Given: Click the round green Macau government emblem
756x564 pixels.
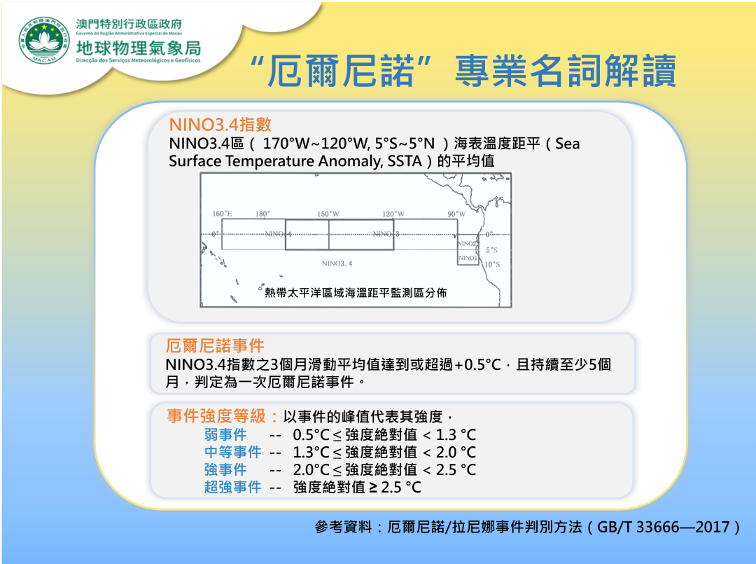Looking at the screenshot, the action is tap(44, 41).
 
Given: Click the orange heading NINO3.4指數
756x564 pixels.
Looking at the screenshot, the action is tap(220, 125).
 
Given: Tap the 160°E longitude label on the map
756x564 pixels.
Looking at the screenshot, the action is tap(223, 213).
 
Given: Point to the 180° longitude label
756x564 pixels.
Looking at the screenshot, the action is tap(262, 213).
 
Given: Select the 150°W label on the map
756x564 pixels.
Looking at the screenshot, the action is tap(328, 213).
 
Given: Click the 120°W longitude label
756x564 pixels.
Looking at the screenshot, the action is tap(393, 213).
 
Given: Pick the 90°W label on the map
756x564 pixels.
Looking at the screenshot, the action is tap(456, 213).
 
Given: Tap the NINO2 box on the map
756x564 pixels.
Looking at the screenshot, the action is tap(468, 243).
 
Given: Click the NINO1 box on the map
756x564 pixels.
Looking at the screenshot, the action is tap(468, 258).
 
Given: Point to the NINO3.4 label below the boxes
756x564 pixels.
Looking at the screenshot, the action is tap(337, 263).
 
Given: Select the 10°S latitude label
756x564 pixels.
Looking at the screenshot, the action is tap(492, 264).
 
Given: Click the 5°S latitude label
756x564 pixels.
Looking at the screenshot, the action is tap(492, 250).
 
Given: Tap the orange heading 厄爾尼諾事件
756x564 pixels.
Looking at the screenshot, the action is tap(215, 345).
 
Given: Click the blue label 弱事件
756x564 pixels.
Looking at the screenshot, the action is tap(225, 434).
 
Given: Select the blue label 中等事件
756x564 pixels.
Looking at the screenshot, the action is tap(233, 452).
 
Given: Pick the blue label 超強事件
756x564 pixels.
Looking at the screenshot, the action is tap(233, 487).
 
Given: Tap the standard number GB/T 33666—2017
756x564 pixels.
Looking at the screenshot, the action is tap(663, 526).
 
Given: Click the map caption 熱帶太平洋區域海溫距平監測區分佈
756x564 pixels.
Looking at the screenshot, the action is tap(356, 292).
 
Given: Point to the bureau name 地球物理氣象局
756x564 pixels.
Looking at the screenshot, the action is tap(139, 48).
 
